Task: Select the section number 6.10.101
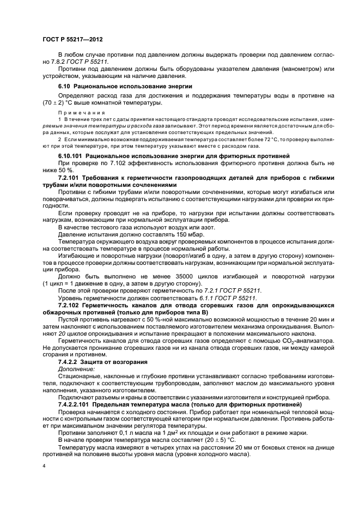pos(72,155)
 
